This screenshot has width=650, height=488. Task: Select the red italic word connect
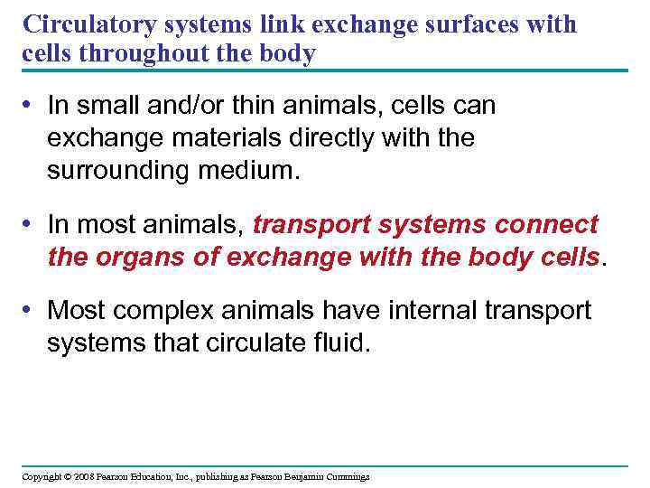tap(541, 225)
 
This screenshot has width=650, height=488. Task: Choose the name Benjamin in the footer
tap(302, 476)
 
